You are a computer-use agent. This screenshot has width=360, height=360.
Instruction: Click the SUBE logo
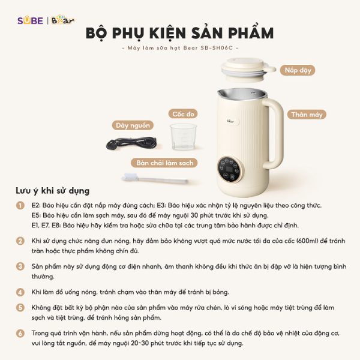coord(31,20)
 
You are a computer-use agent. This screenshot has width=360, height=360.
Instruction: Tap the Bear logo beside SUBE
coord(63,20)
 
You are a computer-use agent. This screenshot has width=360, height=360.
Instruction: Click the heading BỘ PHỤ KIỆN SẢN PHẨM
coord(180,33)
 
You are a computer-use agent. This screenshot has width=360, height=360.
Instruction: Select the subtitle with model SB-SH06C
coord(180,48)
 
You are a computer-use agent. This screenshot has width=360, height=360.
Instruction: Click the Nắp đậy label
coord(298,70)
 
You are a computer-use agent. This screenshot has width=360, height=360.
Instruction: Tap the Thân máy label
coord(307,115)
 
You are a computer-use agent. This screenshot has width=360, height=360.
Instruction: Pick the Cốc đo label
coord(183,113)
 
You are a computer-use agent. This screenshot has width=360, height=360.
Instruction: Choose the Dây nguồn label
coord(133,125)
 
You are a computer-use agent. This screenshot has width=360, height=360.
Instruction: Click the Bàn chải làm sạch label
coord(164,163)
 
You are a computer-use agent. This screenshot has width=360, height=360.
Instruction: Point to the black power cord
coord(131,143)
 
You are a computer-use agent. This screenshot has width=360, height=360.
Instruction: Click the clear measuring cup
coord(183,137)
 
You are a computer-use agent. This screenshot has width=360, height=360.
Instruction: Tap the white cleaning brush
coord(155,179)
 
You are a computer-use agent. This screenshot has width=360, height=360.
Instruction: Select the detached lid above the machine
coord(248,70)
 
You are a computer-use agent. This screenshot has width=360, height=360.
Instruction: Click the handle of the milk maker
coord(276,133)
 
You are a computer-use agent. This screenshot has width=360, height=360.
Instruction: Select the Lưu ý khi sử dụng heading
coord(53,191)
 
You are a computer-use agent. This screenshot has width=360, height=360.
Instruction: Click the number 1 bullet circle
coord(20,205)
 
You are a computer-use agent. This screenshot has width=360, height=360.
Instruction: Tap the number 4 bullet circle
coord(20,292)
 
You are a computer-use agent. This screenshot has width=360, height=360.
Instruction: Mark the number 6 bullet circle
coord(20,333)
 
